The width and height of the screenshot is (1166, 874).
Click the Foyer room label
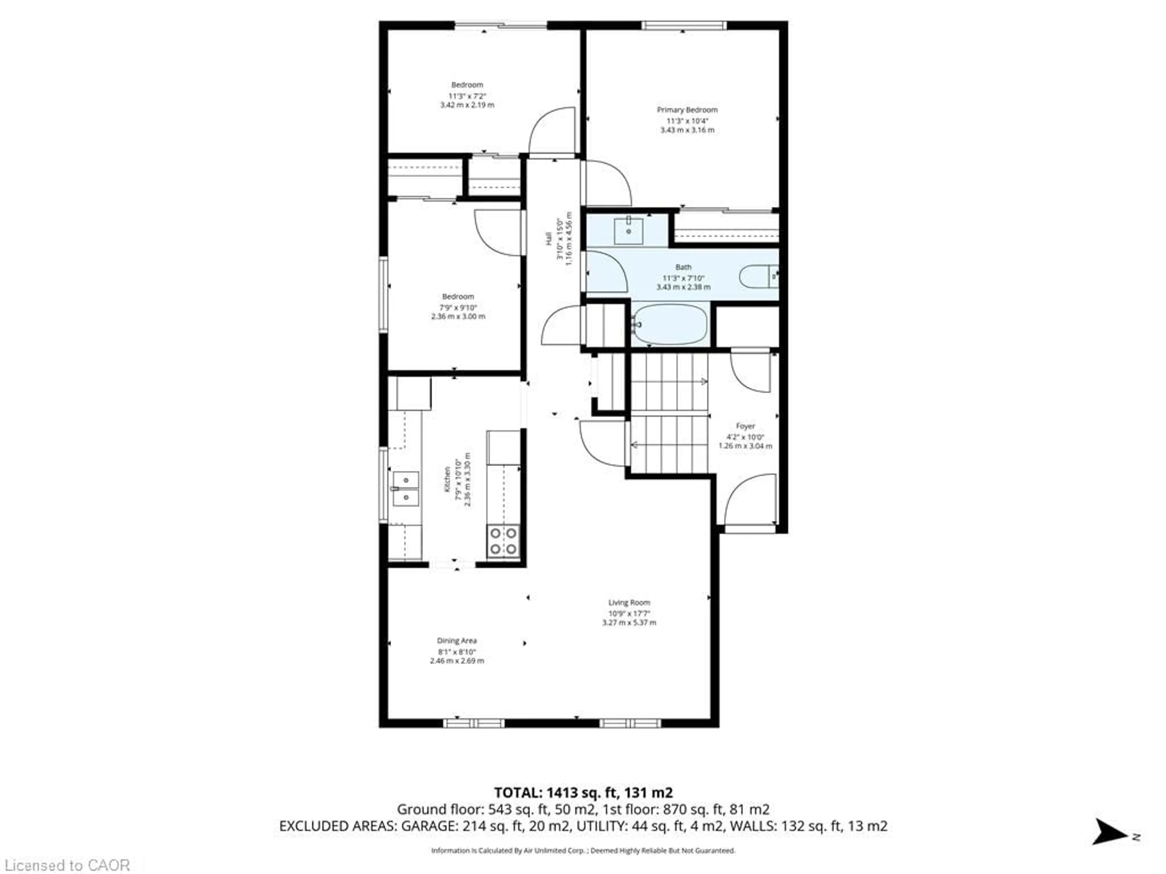[x=745, y=426]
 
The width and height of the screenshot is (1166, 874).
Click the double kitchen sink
[x=405, y=488]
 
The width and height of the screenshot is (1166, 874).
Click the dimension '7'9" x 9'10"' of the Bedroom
[x=458, y=307]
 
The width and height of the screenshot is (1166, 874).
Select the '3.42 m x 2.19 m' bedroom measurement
[x=467, y=105]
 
